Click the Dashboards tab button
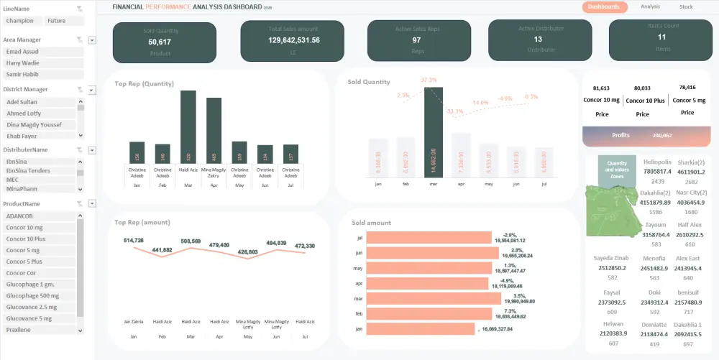coord(603,7)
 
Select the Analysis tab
coord(650,7)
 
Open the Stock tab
coord(686,7)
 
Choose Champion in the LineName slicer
coord(19,22)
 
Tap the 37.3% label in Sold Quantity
coord(429,80)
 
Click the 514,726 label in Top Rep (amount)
coord(134,240)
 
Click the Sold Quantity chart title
coord(369,83)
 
